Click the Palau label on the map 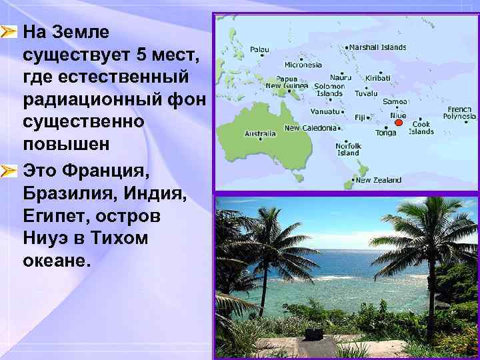[x=259, y=49]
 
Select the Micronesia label [x=303, y=65]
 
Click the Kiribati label [x=378, y=78]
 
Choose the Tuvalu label [x=366, y=93]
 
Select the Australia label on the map [x=260, y=133]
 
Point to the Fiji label [x=361, y=117]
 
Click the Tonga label [x=385, y=132]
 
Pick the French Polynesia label [x=459, y=113]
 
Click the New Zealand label [x=378, y=180]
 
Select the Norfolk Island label [x=348, y=149]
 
